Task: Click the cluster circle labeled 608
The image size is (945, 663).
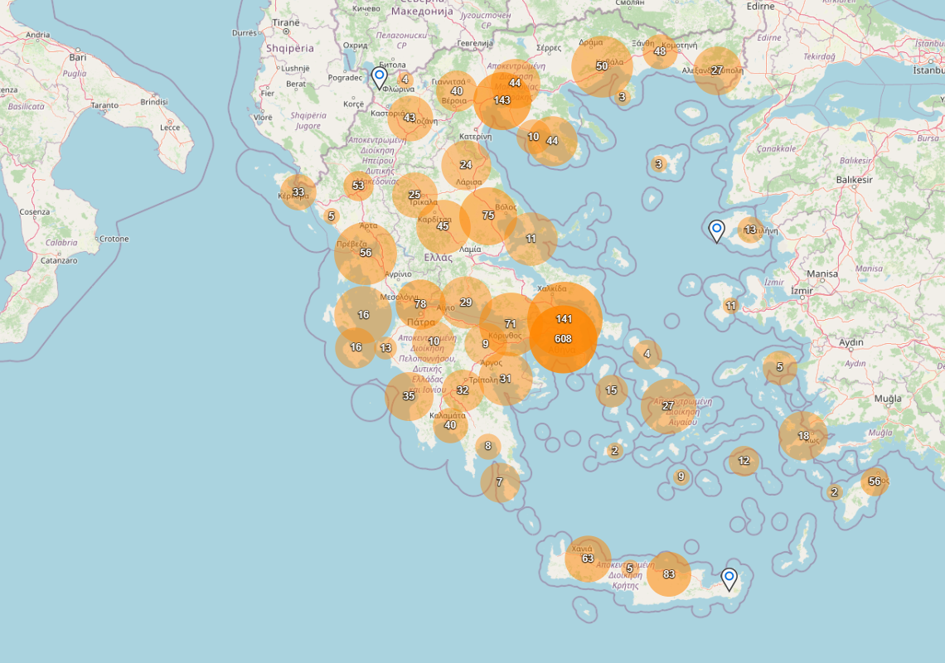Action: point(563,339)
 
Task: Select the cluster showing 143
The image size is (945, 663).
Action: point(502,100)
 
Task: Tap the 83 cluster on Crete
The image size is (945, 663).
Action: point(668,574)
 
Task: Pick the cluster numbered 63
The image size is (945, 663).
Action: point(588,559)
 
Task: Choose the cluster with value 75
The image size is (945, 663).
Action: point(488,215)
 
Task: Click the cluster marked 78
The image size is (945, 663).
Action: point(420,304)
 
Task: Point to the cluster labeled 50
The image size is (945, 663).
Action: point(602,66)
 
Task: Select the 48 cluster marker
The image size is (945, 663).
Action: point(659,51)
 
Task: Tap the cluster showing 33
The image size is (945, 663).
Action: point(298,192)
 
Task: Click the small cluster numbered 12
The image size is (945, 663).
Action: point(744,461)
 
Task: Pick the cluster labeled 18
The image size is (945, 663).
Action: point(803,436)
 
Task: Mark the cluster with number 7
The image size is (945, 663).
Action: point(500,482)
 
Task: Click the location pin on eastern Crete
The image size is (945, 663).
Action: point(729,578)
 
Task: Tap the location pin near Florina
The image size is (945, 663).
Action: point(380,78)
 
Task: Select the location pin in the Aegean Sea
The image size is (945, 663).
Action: point(717,230)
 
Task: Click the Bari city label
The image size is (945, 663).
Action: point(78,58)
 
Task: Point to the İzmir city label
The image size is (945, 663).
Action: point(802,291)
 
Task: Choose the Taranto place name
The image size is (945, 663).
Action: point(104,105)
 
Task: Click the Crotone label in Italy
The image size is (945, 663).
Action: point(114,239)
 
